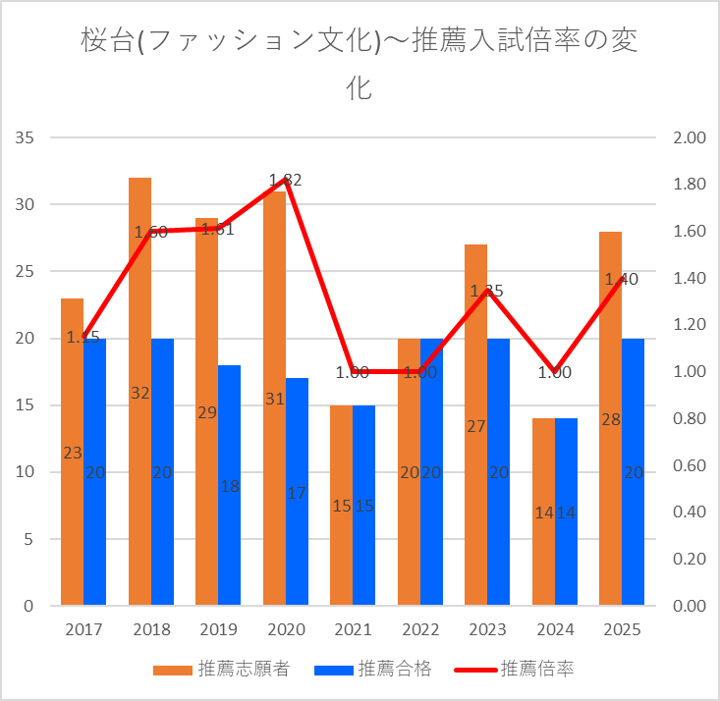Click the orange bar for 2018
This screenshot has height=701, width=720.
click(x=139, y=295)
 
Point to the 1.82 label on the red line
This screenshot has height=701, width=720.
click(x=285, y=180)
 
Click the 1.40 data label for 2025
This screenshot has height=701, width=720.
click(x=622, y=279)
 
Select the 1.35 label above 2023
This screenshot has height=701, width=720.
click(x=486, y=291)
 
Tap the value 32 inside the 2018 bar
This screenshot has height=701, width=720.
click(x=139, y=393)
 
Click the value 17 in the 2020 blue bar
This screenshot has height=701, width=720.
click(x=297, y=493)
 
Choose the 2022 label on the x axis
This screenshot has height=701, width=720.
click(x=420, y=629)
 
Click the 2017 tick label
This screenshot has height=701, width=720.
click(x=83, y=629)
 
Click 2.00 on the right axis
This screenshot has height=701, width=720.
click(x=690, y=137)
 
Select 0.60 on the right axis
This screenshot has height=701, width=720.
click(x=690, y=465)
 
